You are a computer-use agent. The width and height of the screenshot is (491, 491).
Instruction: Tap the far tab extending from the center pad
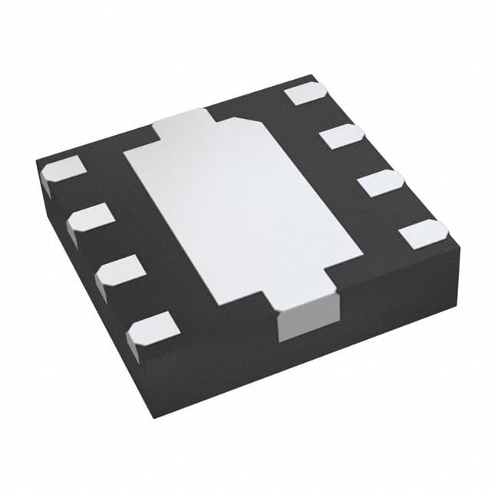184,123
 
